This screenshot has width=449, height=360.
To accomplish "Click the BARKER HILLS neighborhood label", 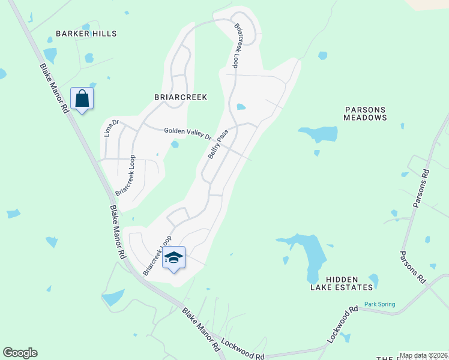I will (86, 34).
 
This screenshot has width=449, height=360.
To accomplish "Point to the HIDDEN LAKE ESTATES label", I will (351, 283).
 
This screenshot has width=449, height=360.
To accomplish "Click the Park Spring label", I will (379, 304).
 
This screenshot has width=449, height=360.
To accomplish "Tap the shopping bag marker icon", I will (82, 98).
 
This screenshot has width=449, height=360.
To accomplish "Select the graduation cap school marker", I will (173, 257).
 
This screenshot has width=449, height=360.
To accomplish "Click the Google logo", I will (20, 353).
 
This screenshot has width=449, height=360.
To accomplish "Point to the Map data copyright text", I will (423, 355).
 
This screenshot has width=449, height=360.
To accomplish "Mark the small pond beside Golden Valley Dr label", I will (175, 145).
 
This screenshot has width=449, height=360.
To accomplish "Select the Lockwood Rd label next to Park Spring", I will (342, 325).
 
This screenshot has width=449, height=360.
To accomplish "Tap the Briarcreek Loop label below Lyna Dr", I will (125, 176).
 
